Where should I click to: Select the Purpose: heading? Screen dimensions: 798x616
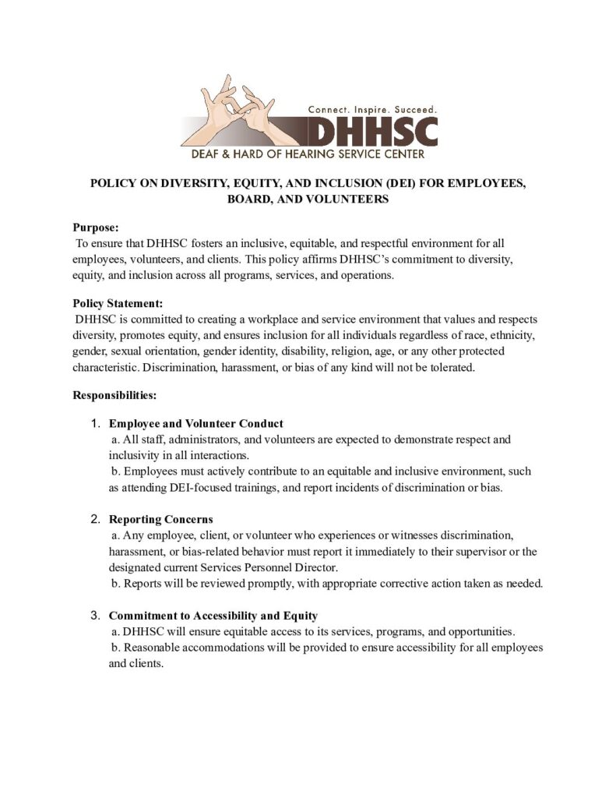click(x=96, y=228)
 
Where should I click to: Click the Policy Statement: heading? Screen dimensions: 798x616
click(x=118, y=304)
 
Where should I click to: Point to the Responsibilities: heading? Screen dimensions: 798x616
click(x=115, y=395)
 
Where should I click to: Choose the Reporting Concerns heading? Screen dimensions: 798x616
click(x=161, y=519)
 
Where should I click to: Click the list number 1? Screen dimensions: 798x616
click(x=96, y=424)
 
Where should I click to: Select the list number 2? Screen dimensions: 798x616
click(x=96, y=519)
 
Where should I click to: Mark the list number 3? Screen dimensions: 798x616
click(x=96, y=616)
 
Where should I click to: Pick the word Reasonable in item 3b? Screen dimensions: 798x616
click(x=151, y=648)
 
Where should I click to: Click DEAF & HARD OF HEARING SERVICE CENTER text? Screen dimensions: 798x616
click(x=308, y=154)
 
